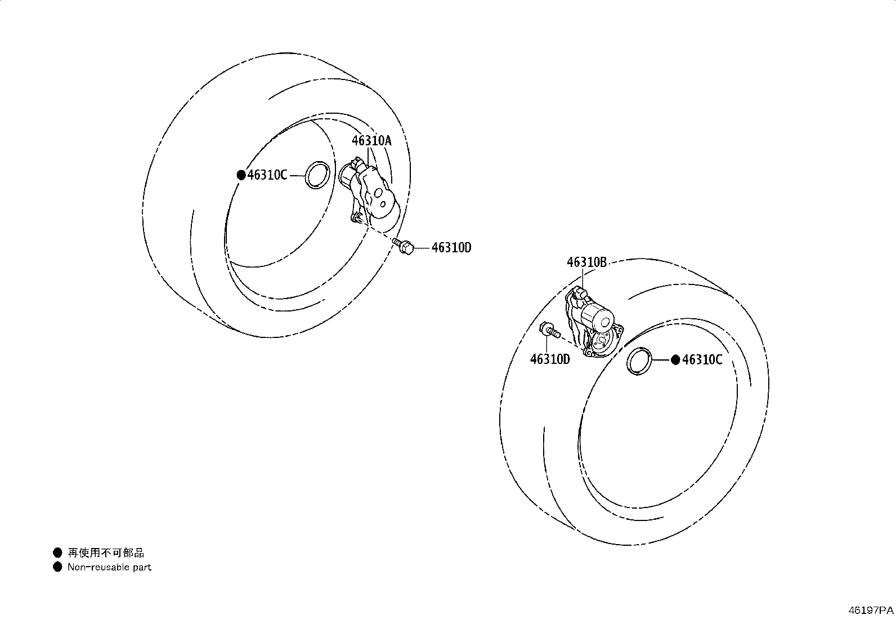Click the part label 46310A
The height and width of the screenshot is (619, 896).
pos(371,141)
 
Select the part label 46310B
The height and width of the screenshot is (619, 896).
pos(587,262)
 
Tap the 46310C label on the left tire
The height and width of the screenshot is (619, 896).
pos(267,175)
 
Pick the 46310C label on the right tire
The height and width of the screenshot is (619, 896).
pos(702,359)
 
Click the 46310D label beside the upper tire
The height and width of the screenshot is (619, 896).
pos(451,248)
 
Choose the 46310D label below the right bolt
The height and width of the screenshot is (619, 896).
pos(550,359)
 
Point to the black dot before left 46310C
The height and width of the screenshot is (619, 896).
pos(241,175)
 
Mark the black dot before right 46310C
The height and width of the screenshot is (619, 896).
pos(675,360)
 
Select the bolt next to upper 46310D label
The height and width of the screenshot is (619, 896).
pos(403,246)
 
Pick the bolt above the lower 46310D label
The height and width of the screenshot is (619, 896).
pos(550,330)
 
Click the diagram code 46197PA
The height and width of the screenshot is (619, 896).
pos(871,610)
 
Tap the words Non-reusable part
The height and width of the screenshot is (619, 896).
pos(110,567)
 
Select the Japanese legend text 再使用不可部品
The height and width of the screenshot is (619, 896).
pos(106,553)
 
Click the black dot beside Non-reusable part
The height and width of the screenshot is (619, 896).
pos(57,567)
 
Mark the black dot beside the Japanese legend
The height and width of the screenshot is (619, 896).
pos(57,553)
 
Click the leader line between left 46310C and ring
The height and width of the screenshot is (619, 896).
pos(297,175)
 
